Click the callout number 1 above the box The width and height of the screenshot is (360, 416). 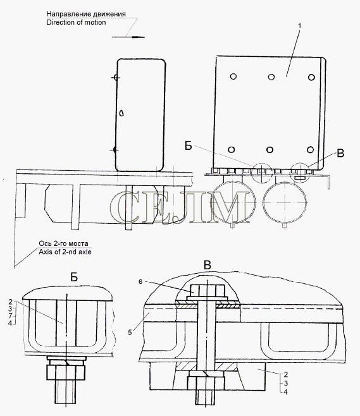coord(300,26)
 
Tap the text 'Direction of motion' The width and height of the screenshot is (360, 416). coord(76,22)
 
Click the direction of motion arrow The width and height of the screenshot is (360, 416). coord(128,37)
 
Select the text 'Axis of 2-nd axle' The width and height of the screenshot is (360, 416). coord(65,252)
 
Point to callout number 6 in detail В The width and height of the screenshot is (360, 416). coord(140,281)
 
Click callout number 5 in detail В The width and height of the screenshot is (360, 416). coord(130,333)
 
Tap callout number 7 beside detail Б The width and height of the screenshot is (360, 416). coord(10,315)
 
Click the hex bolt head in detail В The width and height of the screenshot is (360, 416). coord(208,291)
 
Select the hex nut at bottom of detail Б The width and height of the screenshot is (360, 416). coord(66,372)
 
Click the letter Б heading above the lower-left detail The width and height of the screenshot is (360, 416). coord(74,278)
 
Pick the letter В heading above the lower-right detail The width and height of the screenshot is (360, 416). coord(208,265)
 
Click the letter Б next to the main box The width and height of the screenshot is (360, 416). coord(189,145)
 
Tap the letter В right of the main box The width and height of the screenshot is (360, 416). coord(340,153)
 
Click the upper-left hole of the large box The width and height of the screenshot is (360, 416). coord(233,76)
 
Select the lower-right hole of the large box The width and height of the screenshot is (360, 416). coord(311,149)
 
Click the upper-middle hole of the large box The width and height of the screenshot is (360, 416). coord(271,77)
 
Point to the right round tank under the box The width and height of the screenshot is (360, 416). coord(285,203)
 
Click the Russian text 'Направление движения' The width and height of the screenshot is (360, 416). coord(86,14)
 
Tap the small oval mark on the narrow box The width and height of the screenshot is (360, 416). coord(122,113)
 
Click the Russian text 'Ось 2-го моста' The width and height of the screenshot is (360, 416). coord(63,243)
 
